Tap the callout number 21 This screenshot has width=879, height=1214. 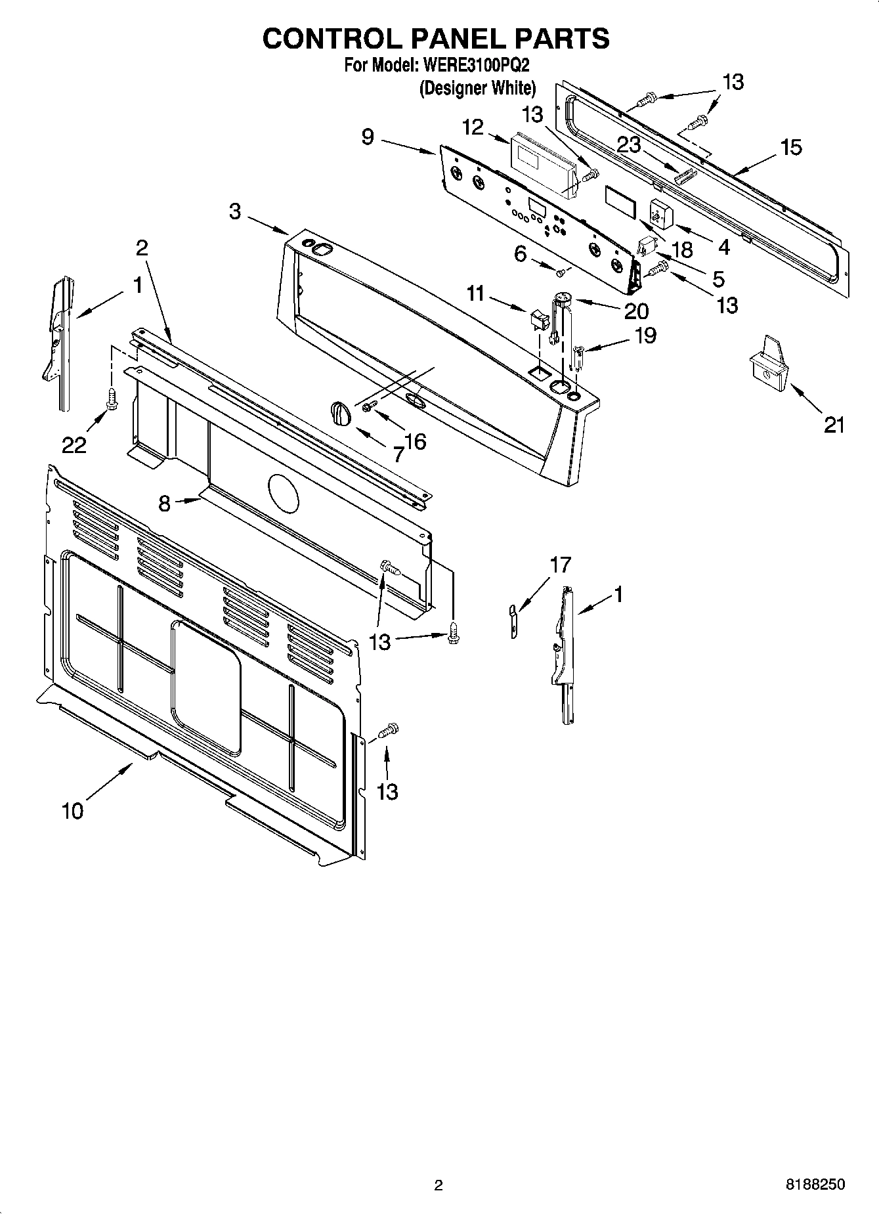coord(834,425)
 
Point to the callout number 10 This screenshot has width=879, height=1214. coord(73,811)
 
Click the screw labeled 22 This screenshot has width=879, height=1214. coord(112,398)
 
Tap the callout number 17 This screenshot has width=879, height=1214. coord(560,564)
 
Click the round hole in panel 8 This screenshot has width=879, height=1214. coord(284,492)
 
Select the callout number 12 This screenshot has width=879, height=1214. coord(472,127)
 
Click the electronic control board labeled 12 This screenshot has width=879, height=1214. coord(544,164)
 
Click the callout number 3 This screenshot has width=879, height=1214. coord(235,211)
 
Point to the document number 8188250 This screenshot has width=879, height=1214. coord(815,1184)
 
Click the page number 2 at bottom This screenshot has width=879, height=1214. coord(439,1185)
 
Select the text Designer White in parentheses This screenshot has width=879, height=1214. coord(478,87)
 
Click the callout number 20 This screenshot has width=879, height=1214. coord(636,311)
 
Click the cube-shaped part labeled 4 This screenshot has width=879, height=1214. coord(658,211)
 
